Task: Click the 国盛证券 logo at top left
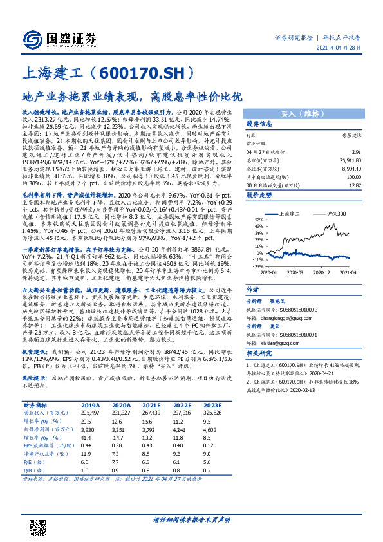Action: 61,37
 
